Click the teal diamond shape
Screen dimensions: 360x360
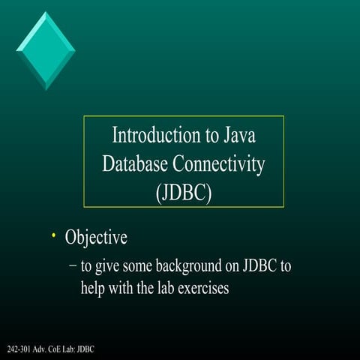45,49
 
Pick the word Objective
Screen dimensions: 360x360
96,238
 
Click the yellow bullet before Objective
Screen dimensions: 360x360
53,236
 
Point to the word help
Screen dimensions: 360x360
94,288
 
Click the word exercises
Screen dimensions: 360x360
203,288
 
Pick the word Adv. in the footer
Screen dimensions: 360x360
37,350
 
